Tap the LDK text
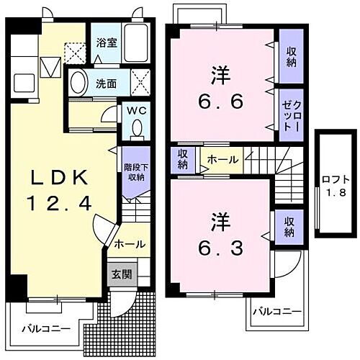59,178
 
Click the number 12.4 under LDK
59,204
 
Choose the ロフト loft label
333,178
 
